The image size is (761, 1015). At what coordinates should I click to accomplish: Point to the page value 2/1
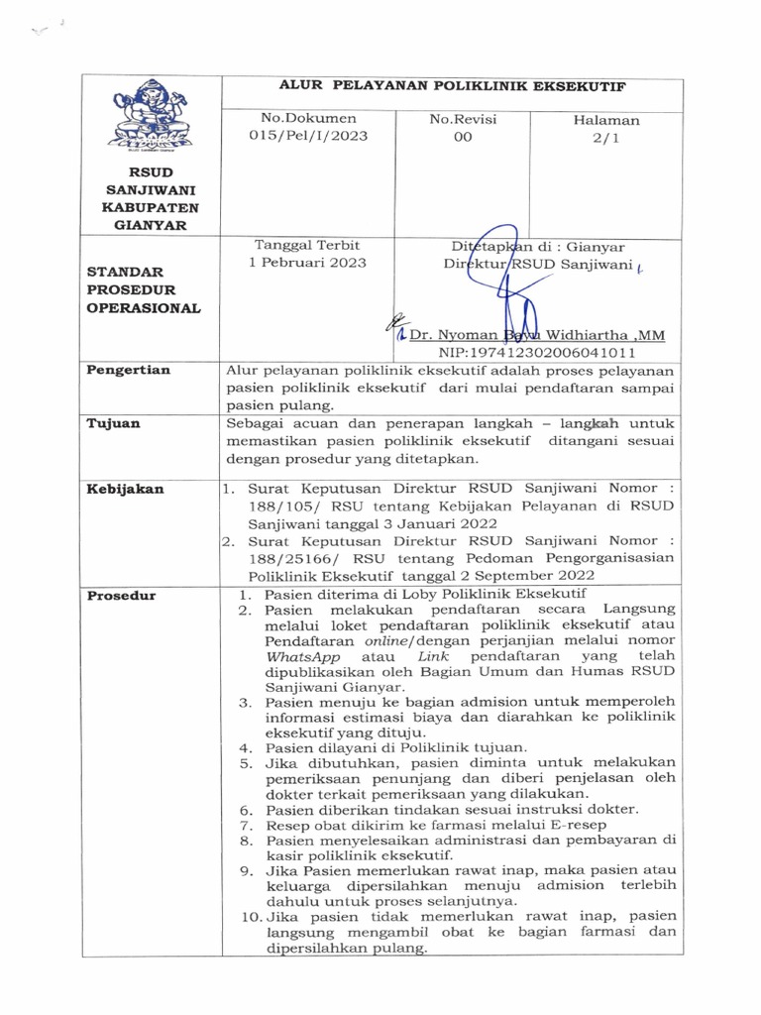coord(605,140)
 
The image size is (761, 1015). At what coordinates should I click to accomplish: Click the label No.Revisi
coord(463,119)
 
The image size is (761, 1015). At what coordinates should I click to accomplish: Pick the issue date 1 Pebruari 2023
coord(308,263)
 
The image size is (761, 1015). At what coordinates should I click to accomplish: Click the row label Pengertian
coord(129,370)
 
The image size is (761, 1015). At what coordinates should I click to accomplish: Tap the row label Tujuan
coord(113,423)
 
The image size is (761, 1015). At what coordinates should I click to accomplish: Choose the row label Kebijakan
coord(125,489)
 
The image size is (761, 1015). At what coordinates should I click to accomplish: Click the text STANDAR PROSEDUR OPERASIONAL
coord(143,288)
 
